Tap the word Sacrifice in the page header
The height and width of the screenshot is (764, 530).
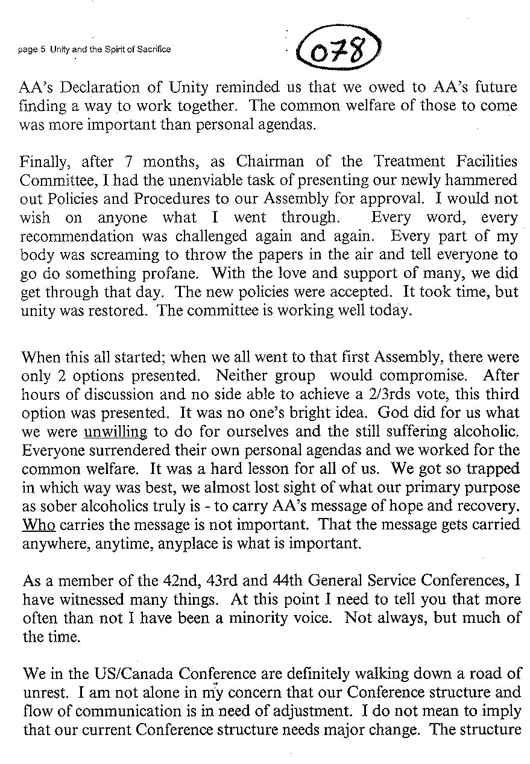153,49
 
